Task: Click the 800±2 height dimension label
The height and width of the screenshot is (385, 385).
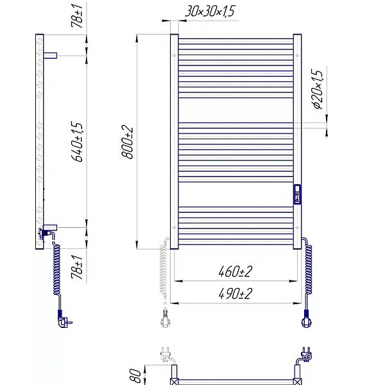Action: (x=127, y=142)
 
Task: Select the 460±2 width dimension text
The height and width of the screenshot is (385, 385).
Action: (x=235, y=271)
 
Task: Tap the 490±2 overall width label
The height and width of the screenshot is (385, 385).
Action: (x=235, y=293)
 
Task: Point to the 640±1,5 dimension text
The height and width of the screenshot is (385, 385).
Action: (x=77, y=142)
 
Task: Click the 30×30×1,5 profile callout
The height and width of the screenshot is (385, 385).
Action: (x=210, y=12)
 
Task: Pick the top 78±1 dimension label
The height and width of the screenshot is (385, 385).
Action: (x=77, y=16)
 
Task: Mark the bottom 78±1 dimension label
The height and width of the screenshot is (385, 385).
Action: (x=77, y=267)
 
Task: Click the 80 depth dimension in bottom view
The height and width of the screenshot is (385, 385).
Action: (x=135, y=376)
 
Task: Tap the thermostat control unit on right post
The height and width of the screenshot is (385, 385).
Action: (x=297, y=194)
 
